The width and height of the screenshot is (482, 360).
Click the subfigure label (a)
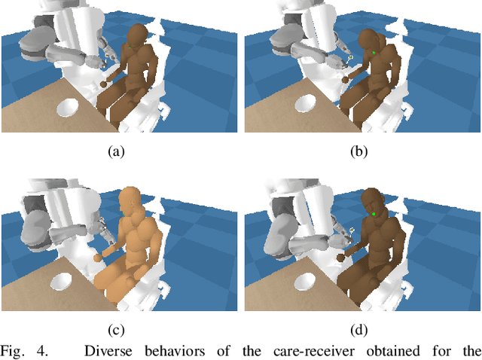115,151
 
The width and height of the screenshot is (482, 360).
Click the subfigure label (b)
358,151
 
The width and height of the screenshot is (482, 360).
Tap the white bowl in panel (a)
69,108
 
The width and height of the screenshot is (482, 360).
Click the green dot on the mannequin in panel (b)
374,52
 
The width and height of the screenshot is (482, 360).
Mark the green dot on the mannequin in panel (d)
374,216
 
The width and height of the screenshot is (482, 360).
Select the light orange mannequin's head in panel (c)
130,203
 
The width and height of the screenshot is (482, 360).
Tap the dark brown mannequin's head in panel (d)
374,205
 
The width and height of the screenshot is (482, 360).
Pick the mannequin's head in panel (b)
373,41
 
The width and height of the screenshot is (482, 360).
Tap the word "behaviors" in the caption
171,350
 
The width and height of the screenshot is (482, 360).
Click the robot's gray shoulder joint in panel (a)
35,45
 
